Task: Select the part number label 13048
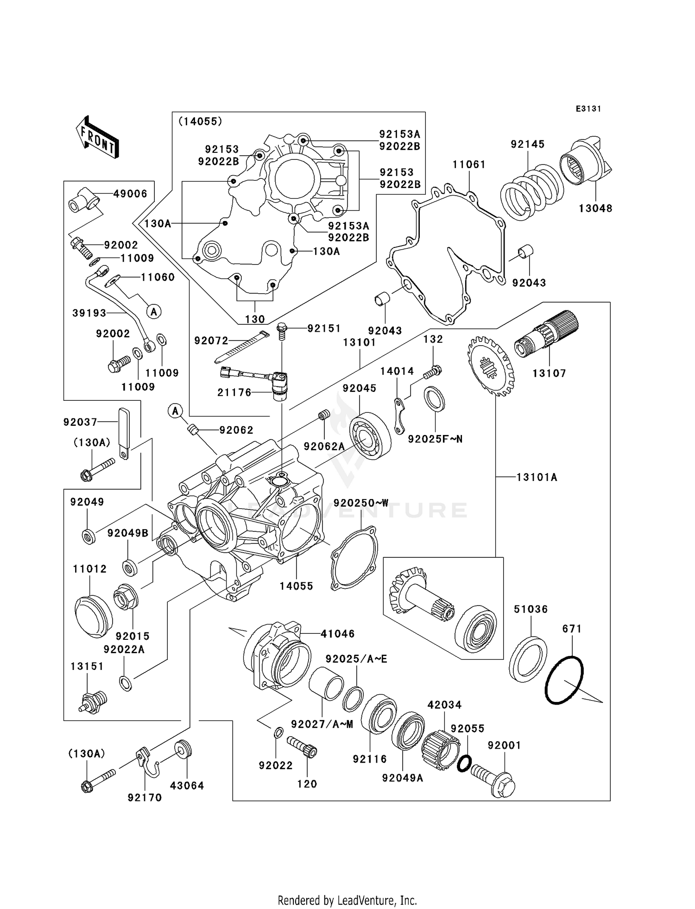(x=595, y=208)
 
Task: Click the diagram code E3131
(x=588, y=109)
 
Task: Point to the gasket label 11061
(x=469, y=164)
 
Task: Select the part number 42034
(x=444, y=705)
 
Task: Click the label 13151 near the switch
(x=87, y=666)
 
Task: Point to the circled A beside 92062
(x=175, y=410)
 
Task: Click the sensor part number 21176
(x=234, y=392)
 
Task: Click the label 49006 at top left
(x=130, y=194)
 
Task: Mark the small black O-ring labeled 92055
(x=464, y=764)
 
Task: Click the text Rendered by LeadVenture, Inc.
(x=347, y=900)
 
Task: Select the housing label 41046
(x=338, y=633)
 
